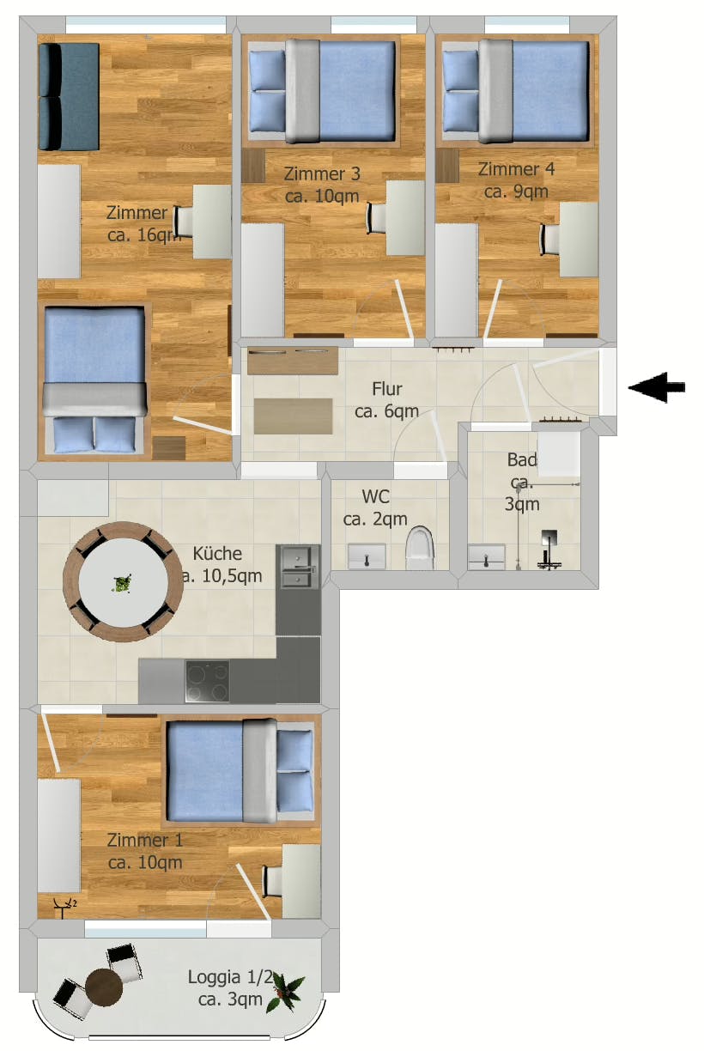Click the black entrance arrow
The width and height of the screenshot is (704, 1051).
(657, 388)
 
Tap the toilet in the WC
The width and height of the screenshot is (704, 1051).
(420, 548)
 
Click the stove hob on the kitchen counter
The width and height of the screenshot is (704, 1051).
(207, 682)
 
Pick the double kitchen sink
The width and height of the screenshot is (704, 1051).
(297, 567)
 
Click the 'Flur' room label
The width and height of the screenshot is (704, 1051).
(387, 390)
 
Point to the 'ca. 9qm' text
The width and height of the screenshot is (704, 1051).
(516, 191)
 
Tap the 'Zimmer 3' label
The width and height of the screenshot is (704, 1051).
(322, 174)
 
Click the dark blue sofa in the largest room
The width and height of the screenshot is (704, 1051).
(69, 96)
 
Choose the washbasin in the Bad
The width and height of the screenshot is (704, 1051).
(487, 556)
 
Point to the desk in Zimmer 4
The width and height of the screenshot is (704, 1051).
(579, 240)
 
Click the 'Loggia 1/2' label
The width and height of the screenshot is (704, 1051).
(230, 977)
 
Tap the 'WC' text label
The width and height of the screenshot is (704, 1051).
(376, 496)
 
